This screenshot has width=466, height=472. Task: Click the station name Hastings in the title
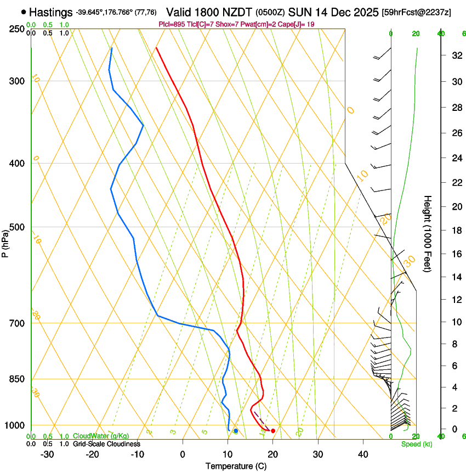click(x=51, y=12)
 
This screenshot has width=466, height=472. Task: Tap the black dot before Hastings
click(x=24, y=12)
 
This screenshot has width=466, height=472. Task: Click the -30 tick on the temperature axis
click(x=47, y=454)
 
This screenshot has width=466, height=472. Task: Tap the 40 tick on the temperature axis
click(x=363, y=454)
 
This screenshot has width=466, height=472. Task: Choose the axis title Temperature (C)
click(x=236, y=467)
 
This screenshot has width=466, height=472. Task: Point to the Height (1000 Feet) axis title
click(x=428, y=233)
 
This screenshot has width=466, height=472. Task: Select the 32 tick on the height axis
click(x=456, y=55)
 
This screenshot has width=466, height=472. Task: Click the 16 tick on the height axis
click(x=456, y=254)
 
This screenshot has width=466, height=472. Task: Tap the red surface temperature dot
click(x=273, y=431)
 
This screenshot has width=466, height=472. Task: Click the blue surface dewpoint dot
click(x=236, y=431)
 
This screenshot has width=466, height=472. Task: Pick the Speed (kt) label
click(x=414, y=444)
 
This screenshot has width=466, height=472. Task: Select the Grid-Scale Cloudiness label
click(x=106, y=444)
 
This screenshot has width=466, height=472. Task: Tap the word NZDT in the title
click(x=238, y=12)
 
